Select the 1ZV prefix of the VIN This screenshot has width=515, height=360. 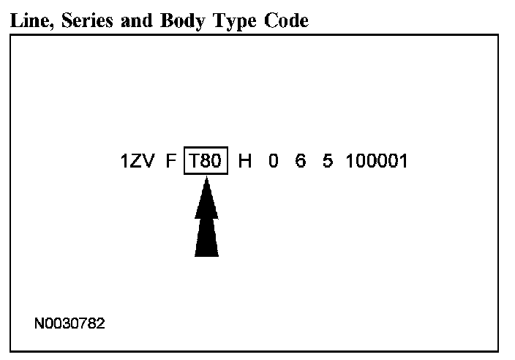pyautogui.click(x=138, y=161)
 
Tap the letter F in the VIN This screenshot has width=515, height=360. pyautogui.click(x=171, y=161)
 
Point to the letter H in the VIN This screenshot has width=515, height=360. pyautogui.click(x=245, y=161)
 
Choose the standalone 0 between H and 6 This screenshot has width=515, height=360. pyautogui.click(x=273, y=161)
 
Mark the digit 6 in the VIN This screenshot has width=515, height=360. pyautogui.click(x=300, y=161)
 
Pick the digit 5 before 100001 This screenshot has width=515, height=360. pyautogui.click(x=327, y=161)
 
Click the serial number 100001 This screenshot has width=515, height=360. pyautogui.click(x=376, y=161)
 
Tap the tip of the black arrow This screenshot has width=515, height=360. pyautogui.click(x=206, y=179)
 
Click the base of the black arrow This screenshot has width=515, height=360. pyautogui.click(x=206, y=253)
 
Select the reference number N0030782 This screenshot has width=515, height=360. pyautogui.click(x=69, y=323)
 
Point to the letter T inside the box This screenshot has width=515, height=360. pyautogui.click(x=193, y=161)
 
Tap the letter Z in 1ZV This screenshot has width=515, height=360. pyautogui.click(x=137, y=161)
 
